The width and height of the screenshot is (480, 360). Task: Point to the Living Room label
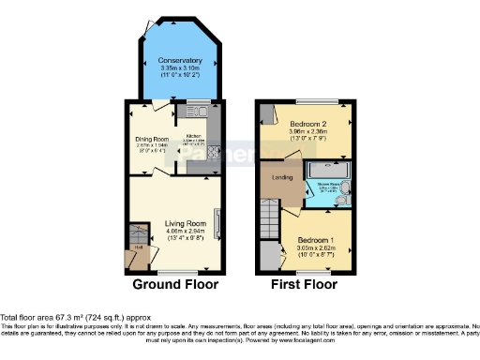[186, 223]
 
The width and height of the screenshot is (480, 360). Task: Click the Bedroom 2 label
[307, 125]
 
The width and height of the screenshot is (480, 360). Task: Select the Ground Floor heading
[174, 284]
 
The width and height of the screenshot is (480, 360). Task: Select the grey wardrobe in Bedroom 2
[267, 116]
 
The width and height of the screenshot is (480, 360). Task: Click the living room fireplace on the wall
[217, 225]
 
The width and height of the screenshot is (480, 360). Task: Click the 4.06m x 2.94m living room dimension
[186, 231]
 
